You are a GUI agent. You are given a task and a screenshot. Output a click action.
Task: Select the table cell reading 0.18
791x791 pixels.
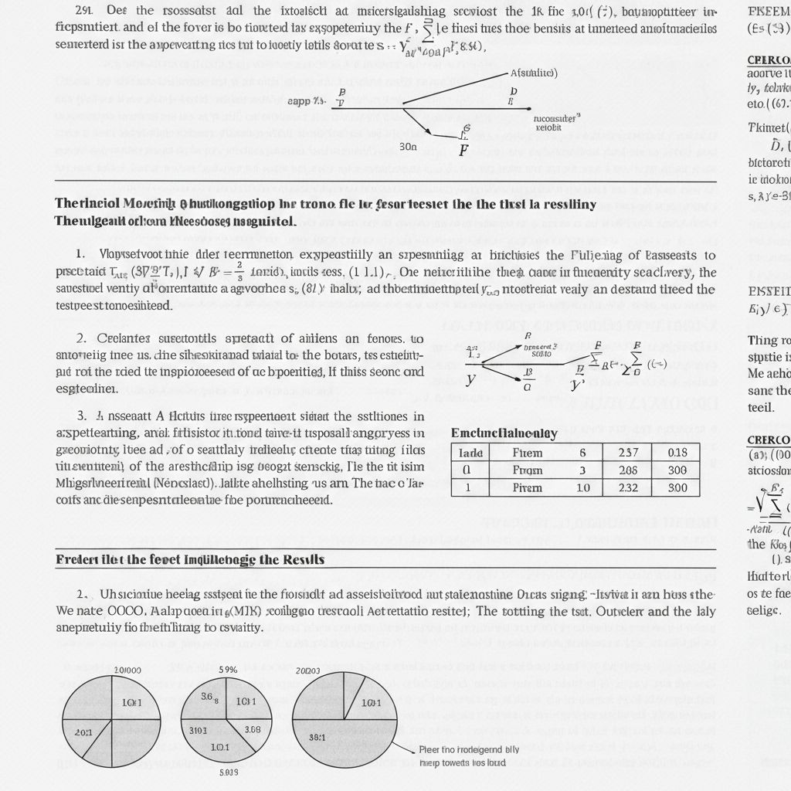[677, 453]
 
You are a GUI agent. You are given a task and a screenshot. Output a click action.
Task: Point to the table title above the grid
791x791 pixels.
[504, 433]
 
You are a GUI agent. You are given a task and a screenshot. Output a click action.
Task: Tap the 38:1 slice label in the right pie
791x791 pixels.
[317, 736]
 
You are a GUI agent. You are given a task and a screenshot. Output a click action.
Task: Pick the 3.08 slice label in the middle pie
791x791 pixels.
[252, 728]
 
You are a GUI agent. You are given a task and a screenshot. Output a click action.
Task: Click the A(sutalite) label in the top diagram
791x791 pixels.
[534, 73]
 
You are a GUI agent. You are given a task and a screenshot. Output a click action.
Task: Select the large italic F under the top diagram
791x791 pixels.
[463, 148]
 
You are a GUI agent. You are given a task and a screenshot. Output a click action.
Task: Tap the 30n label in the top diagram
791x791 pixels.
[406, 144]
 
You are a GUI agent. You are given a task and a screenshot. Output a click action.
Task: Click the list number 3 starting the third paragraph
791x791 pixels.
[80, 416]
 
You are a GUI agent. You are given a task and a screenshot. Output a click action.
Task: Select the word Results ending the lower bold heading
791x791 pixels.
[300, 558]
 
